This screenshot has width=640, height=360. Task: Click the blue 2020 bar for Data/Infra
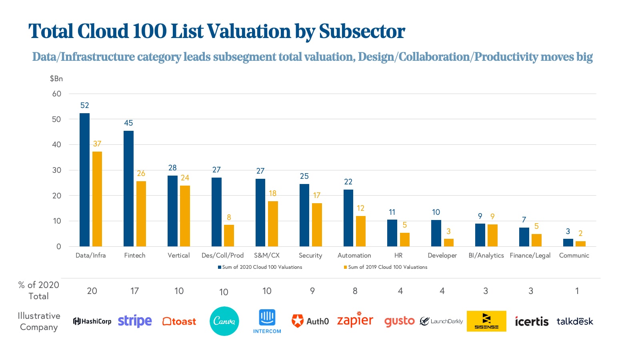click(x=84, y=180)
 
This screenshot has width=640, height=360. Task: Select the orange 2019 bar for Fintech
click(x=141, y=214)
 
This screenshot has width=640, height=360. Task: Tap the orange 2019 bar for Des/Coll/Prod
click(x=229, y=236)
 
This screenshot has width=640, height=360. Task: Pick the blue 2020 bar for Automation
click(x=348, y=218)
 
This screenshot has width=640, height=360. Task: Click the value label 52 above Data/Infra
click(x=84, y=106)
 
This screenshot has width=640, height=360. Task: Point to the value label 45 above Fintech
click(x=128, y=123)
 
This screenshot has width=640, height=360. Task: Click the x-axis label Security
click(x=310, y=256)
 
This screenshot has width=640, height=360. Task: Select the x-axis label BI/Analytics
click(x=486, y=256)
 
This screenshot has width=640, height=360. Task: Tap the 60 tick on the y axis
click(x=57, y=94)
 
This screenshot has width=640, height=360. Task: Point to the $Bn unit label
click(x=56, y=79)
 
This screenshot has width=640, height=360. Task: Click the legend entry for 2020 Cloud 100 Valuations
click(x=260, y=267)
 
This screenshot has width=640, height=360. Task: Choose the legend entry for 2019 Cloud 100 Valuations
click(x=386, y=267)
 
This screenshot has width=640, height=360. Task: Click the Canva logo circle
click(x=224, y=321)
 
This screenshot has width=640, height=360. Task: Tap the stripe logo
click(x=135, y=321)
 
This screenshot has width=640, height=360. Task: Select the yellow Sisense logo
click(x=486, y=321)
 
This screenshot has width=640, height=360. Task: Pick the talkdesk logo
click(x=575, y=322)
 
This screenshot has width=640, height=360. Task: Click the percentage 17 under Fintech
click(x=134, y=291)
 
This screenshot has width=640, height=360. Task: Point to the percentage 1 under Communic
click(x=577, y=291)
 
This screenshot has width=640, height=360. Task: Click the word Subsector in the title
click(x=362, y=32)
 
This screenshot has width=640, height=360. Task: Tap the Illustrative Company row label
click(x=39, y=322)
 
